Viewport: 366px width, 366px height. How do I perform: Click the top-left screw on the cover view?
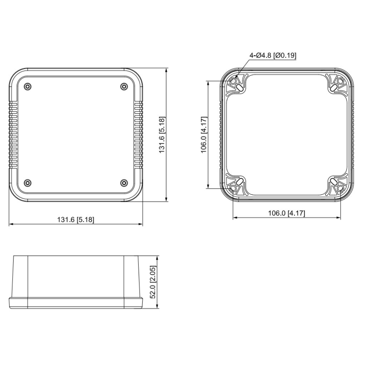pyautogui.click(x=28, y=86)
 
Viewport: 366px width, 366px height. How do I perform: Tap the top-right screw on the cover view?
pyautogui.click(x=124, y=86)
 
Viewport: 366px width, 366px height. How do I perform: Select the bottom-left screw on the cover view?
pyautogui.click(x=28, y=183)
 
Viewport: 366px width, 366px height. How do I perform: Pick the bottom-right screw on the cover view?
pyautogui.click(x=124, y=183)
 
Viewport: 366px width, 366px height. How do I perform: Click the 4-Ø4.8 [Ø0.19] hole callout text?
pyautogui.click(x=273, y=55)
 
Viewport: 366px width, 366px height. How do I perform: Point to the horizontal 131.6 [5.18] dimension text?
pyautogui.click(x=76, y=220)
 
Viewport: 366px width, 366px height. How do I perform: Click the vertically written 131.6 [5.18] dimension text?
pyautogui.click(x=162, y=135)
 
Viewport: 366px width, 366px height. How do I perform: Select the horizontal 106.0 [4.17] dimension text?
pyautogui.click(x=287, y=213)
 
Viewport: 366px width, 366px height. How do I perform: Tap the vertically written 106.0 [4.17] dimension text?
pyautogui.click(x=203, y=134)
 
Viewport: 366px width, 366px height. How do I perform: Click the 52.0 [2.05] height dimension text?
pyautogui.click(x=153, y=282)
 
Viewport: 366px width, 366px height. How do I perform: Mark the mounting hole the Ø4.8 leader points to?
pyautogui.click(x=233, y=81)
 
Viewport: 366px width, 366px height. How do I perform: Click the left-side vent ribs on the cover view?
pyautogui.click(x=13, y=135)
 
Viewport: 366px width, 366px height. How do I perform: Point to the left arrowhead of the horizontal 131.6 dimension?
pyautogui.click(x=10, y=224)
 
